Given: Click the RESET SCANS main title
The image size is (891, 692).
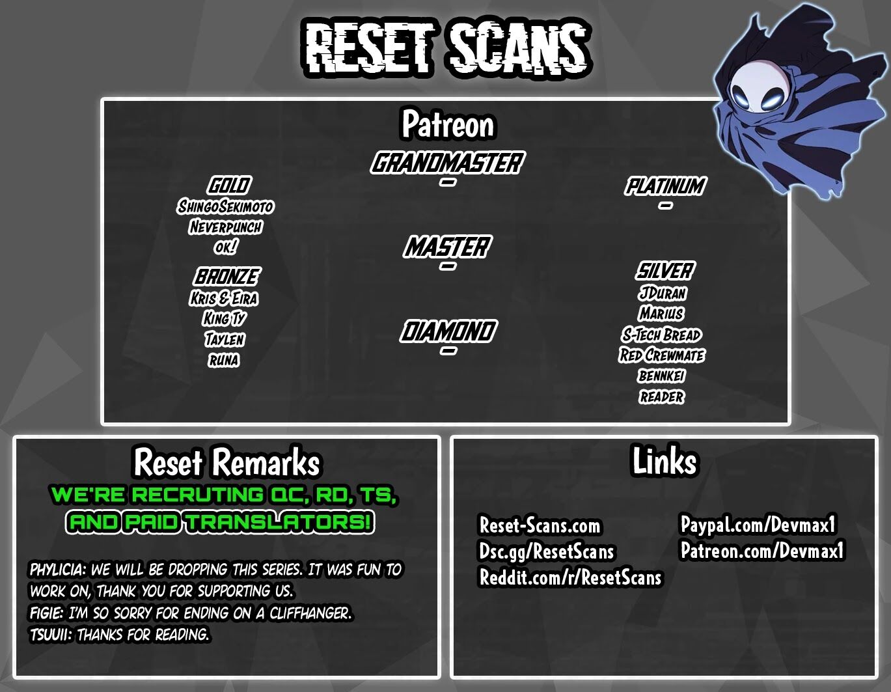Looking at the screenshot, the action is [x=447, y=48].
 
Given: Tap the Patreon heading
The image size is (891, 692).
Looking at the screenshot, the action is [x=448, y=124].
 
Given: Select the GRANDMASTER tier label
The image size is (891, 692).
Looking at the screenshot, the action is [x=447, y=162].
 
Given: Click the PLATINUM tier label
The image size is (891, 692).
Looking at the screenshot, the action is [x=665, y=186].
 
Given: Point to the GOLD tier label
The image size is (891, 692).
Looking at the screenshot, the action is [x=229, y=186].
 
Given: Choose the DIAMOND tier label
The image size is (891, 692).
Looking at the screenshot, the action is [x=448, y=331].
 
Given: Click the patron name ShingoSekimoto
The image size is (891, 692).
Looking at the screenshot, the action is [x=225, y=206].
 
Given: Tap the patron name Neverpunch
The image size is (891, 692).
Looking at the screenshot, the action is [x=225, y=227].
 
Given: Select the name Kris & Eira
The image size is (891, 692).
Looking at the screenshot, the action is [x=224, y=298].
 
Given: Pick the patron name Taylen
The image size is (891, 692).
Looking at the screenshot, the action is [x=225, y=339].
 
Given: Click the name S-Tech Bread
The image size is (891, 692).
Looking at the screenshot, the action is [x=661, y=335].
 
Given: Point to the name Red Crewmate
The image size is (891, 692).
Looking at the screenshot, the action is [x=662, y=355].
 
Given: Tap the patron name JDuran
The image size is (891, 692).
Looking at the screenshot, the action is [x=662, y=293].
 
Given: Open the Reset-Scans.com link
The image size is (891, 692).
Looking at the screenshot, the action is [x=540, y=525].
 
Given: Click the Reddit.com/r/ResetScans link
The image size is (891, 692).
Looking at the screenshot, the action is [x=570, y=577].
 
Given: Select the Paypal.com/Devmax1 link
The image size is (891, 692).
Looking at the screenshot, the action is [x=758, y=524].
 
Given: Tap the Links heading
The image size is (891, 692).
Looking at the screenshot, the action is [x=665, y=461].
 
